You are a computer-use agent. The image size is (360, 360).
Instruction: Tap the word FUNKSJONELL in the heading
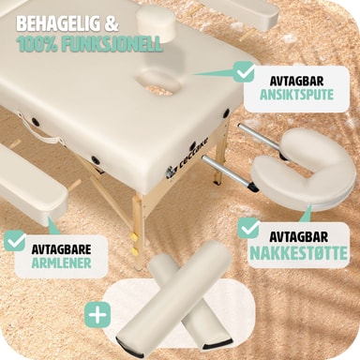(x=112, y=44)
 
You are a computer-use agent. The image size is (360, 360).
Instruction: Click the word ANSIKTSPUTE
(x=296, y=95)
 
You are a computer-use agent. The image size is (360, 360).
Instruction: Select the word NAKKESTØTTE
(x=298, y=253)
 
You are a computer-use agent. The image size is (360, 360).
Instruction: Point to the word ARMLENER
(x=61, y=262)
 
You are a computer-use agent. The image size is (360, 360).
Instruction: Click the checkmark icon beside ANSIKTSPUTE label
(x=245, y=71)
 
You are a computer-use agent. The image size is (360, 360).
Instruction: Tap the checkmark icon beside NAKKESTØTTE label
(x=248, y=228)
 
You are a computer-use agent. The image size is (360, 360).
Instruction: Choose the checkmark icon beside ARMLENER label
(x=15, y=241)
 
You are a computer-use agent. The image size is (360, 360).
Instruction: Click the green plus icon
(x=97, y=315)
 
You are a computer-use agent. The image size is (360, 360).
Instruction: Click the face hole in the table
(x=157, y=82)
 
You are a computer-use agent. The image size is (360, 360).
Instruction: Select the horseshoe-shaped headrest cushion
(x=304, y=170)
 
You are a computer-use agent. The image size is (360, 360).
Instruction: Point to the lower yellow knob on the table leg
(x=135, y=250)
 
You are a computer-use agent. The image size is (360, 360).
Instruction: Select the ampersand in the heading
(x=112, y=23)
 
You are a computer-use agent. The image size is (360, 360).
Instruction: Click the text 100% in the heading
(x=37, y=44)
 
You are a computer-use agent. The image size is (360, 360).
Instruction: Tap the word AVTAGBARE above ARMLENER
(x=61, y=249)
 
